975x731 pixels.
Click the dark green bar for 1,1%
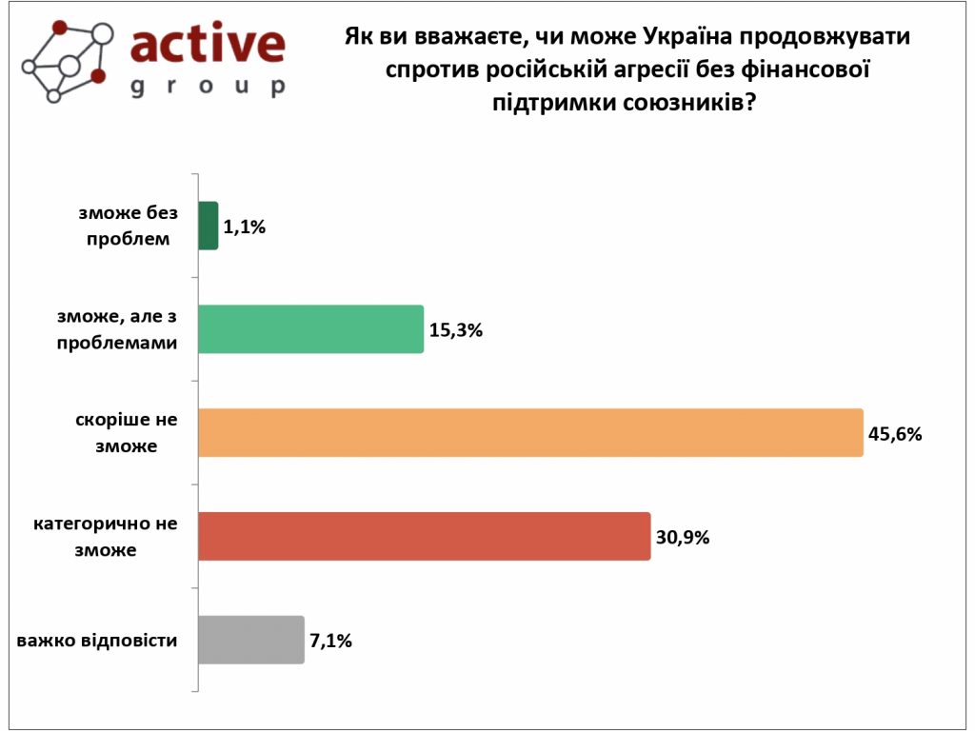208,226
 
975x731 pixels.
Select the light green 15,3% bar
310,329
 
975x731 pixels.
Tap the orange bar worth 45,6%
530,433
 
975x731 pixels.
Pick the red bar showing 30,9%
424,536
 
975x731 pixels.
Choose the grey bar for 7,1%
250,640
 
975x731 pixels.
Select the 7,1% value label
330,641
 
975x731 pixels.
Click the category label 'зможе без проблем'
129,226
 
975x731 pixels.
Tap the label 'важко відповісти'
97,640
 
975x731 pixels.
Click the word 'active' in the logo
207,44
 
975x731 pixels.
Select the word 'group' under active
207,87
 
